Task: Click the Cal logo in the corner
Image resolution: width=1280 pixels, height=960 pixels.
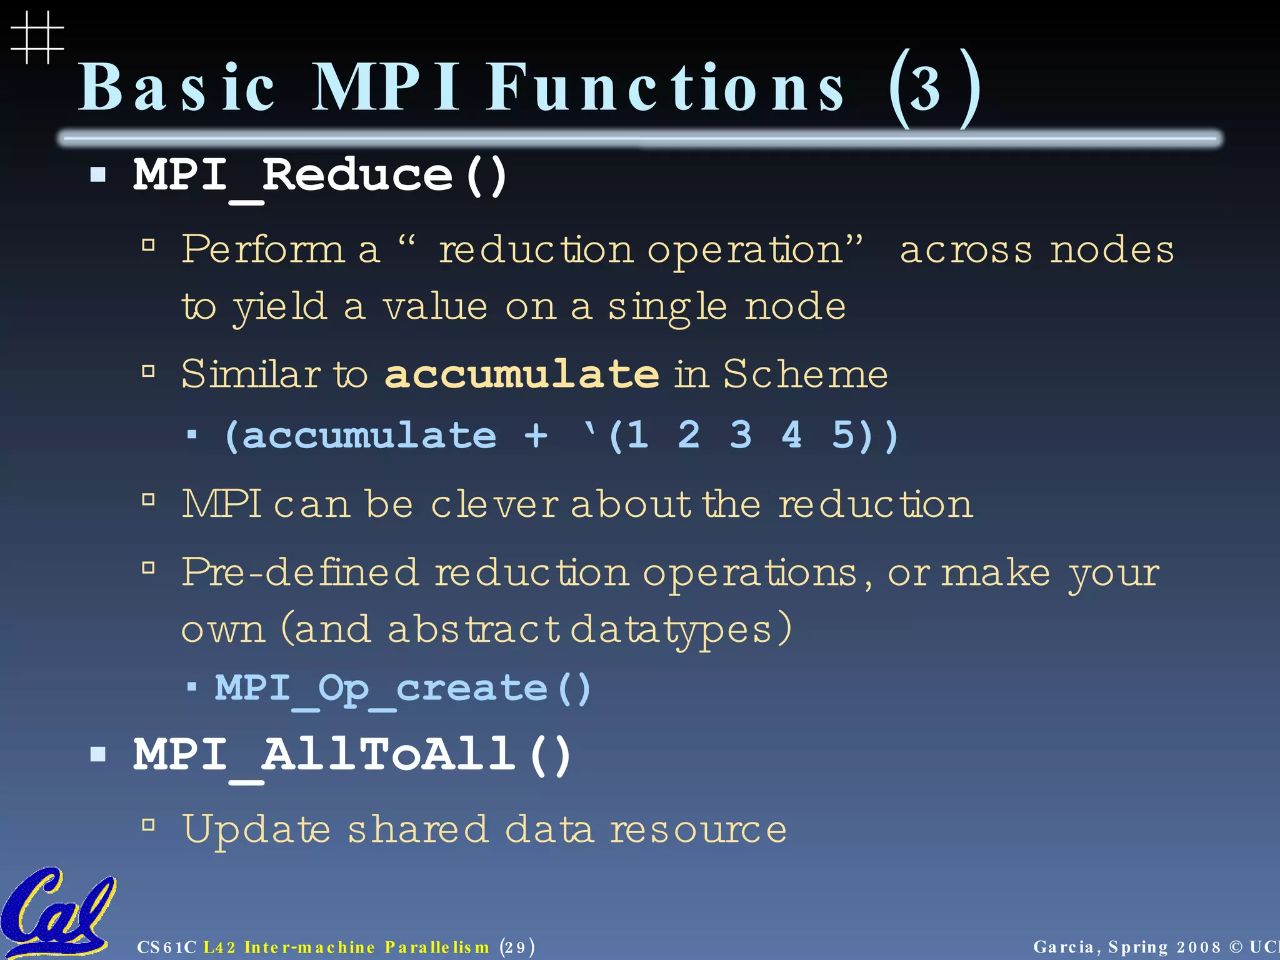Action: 56,912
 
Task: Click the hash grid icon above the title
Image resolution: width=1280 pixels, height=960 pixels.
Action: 37,37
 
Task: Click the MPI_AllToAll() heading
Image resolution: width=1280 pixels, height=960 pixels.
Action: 352,754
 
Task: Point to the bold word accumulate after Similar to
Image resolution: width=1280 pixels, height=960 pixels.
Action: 522,374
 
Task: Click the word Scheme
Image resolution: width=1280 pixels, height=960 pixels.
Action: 806,374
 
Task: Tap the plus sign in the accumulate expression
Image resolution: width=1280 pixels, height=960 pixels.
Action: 536,435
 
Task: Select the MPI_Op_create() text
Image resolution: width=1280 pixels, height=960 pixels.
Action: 402,688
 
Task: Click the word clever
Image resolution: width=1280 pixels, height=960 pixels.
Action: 494,504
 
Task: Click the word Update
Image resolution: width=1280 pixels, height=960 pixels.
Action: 256,829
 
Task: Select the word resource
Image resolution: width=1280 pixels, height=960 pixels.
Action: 698,830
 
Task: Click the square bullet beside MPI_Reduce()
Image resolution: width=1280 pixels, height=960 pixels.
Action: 98,174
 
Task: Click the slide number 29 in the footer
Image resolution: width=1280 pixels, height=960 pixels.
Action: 516,947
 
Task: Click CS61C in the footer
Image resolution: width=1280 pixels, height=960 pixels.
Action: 166,947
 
